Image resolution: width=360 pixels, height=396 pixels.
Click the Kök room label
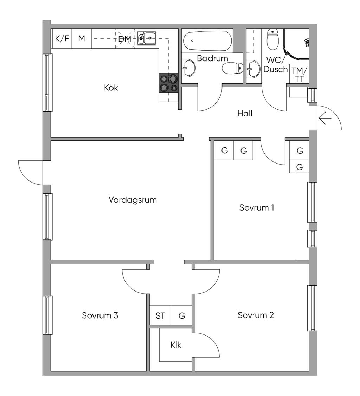click(x=111, y=88)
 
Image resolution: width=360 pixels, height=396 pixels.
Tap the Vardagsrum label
click(x=133, y=200)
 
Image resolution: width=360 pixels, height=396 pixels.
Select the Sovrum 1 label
click(x=257, y=207)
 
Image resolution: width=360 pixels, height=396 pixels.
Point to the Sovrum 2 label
click(x=256, y=315)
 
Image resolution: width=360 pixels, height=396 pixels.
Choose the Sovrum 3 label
click(x=100, y=315)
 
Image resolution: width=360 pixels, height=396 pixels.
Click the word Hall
click(x=245, y=113)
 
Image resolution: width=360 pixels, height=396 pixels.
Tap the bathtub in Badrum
click(x=207, y=41)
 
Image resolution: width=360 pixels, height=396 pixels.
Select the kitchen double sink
click(x=146, y=38)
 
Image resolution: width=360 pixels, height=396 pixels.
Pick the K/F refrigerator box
click(x=62, y=39)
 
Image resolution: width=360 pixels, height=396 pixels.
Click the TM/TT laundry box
click(x=300, y=74)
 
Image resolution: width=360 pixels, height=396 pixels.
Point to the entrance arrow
click(x=325, y=118)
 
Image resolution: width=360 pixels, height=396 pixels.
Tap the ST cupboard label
click(x=160, y=316)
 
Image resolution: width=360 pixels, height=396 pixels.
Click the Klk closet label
click(x=176, y=345)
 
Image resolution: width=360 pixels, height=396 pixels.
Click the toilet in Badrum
click(x=232, y=68)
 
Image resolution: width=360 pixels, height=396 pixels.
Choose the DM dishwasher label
click(x=125, y=39)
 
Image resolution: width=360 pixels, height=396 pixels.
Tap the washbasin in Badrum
click(x=188, y=68)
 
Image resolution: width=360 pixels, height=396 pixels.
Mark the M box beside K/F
click(x=82, y=39)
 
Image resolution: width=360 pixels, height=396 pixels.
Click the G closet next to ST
click(x=182, y=315)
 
